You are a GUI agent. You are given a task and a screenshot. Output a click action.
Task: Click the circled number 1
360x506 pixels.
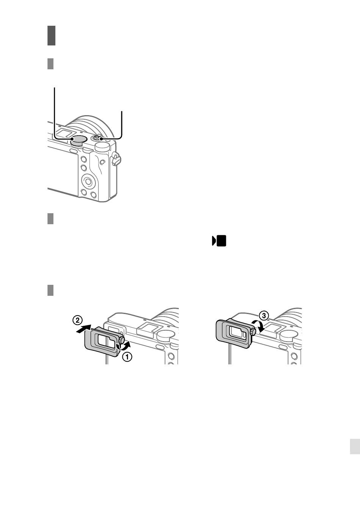[127, 357]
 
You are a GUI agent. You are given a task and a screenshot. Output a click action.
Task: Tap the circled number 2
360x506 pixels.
[77, 320]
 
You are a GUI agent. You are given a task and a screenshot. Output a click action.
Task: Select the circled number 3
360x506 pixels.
[263, 315]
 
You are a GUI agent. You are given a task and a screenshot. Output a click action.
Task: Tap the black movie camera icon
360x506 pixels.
[219, 241]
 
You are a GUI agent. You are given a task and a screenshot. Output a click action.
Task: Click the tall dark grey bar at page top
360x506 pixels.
[51, 36]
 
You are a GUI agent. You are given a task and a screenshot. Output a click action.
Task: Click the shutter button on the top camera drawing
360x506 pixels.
[97, 137]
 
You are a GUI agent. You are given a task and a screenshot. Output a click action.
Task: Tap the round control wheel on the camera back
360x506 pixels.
[88, 181]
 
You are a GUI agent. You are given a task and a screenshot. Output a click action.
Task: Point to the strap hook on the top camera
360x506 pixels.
[116, 159]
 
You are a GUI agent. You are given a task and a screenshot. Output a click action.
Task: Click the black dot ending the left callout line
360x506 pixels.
[72, 139]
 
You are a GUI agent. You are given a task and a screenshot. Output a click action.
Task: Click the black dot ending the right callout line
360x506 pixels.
[102, 139]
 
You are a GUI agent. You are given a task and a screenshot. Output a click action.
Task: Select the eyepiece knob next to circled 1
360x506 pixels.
[121, 340]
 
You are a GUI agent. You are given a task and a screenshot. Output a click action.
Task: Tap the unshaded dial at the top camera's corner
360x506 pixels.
[103, 147]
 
